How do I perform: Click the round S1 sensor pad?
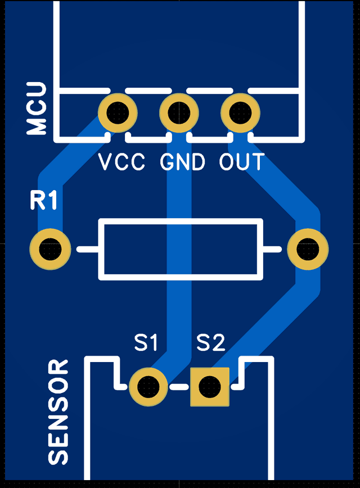[148, 386]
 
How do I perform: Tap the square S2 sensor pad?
[210, 386]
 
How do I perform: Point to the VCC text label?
[122, 162]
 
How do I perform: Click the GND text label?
[183, 162]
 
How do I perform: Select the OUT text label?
[242, 162]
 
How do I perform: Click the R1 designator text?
[44, 201]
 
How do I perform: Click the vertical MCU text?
[37, 109]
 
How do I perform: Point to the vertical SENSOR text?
[58, 413]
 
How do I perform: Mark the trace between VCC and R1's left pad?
[62, 174]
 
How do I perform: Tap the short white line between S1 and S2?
[179, 387]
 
